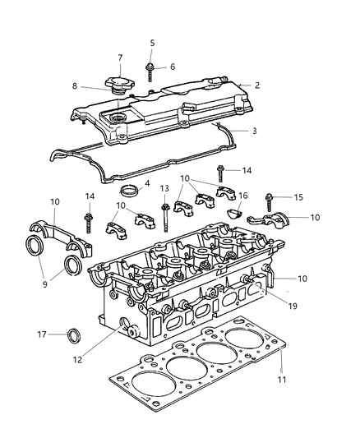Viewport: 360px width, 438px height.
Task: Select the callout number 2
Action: (x=256, y=85)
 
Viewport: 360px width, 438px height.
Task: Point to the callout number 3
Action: (x=254, y=131)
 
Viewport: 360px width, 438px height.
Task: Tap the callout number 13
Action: (x=164, y=188)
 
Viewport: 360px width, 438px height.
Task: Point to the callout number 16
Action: (x=242, y=196)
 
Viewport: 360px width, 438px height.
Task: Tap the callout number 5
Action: (x=152, y=43)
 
